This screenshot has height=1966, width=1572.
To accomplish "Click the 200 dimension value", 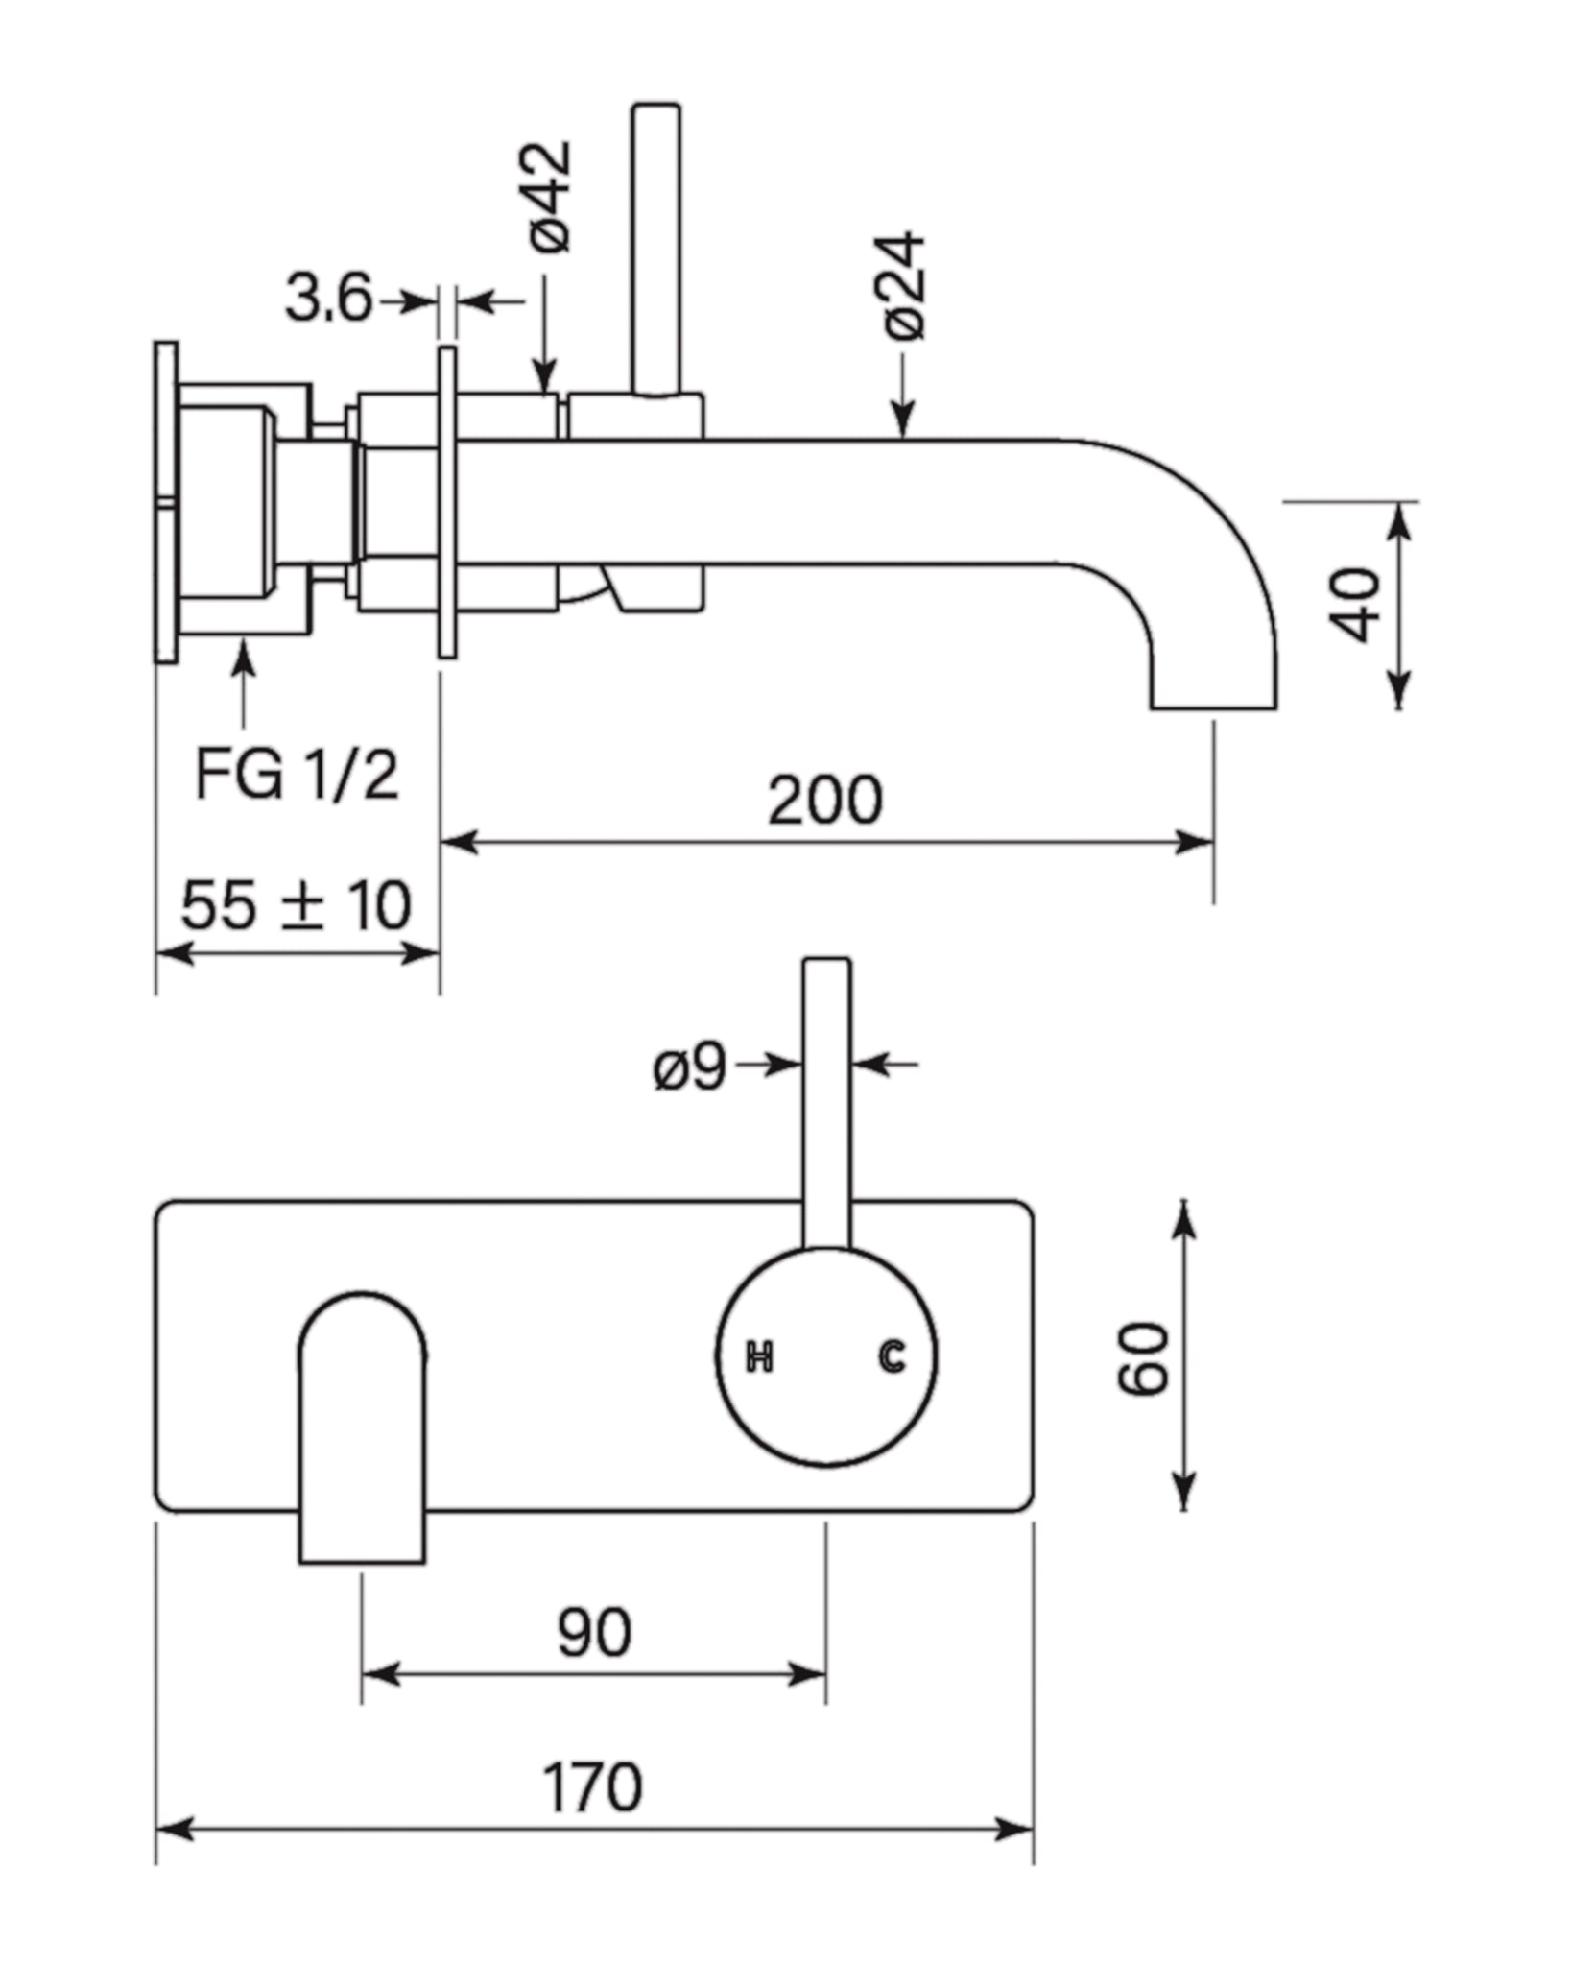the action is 824,800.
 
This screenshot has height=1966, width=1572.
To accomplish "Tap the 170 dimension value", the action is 592,1786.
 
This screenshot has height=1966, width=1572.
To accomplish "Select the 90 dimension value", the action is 594,1631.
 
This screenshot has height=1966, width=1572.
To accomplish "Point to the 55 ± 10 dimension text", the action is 296,904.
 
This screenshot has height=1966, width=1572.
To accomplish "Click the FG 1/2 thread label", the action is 297,774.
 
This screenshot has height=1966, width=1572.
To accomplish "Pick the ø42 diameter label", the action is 551,197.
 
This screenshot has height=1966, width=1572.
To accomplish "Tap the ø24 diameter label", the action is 904,285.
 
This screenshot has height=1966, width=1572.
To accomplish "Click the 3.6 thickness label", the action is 328,298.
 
